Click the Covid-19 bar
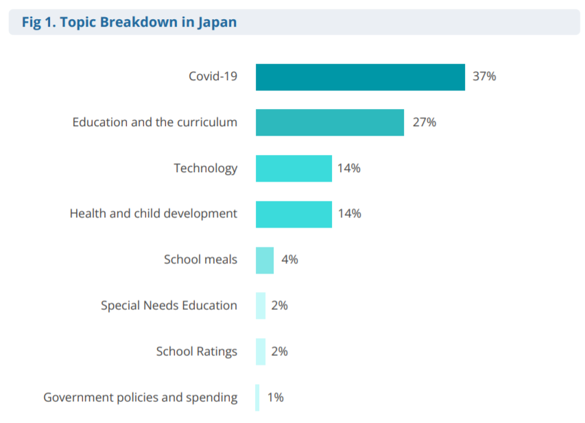[360, 77]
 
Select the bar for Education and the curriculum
[329, 123]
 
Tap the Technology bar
[294, 169]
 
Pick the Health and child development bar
[294, 214]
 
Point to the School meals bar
[265, 260]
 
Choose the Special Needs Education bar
[261, 306]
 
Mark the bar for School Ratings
[261, 352]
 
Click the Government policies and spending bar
[258, 398]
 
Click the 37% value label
[484, 76]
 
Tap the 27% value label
[424, 123]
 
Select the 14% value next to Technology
[349, 168]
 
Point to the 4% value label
[289, 260]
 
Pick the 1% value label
[275, 397]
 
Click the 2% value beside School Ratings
[279, 352]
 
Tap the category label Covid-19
[213, 76]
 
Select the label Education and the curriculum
[155, 122]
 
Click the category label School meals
[200, 259]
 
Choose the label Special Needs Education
[169, 305]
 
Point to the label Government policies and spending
[141, 397]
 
